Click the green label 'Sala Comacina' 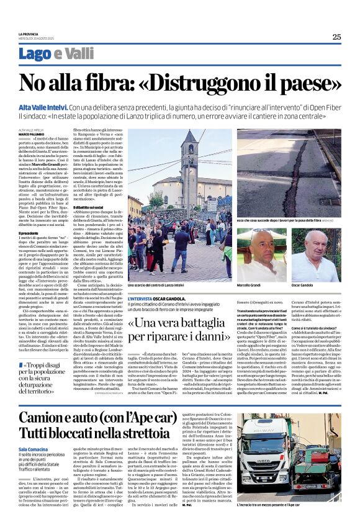(x=37, y=449)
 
